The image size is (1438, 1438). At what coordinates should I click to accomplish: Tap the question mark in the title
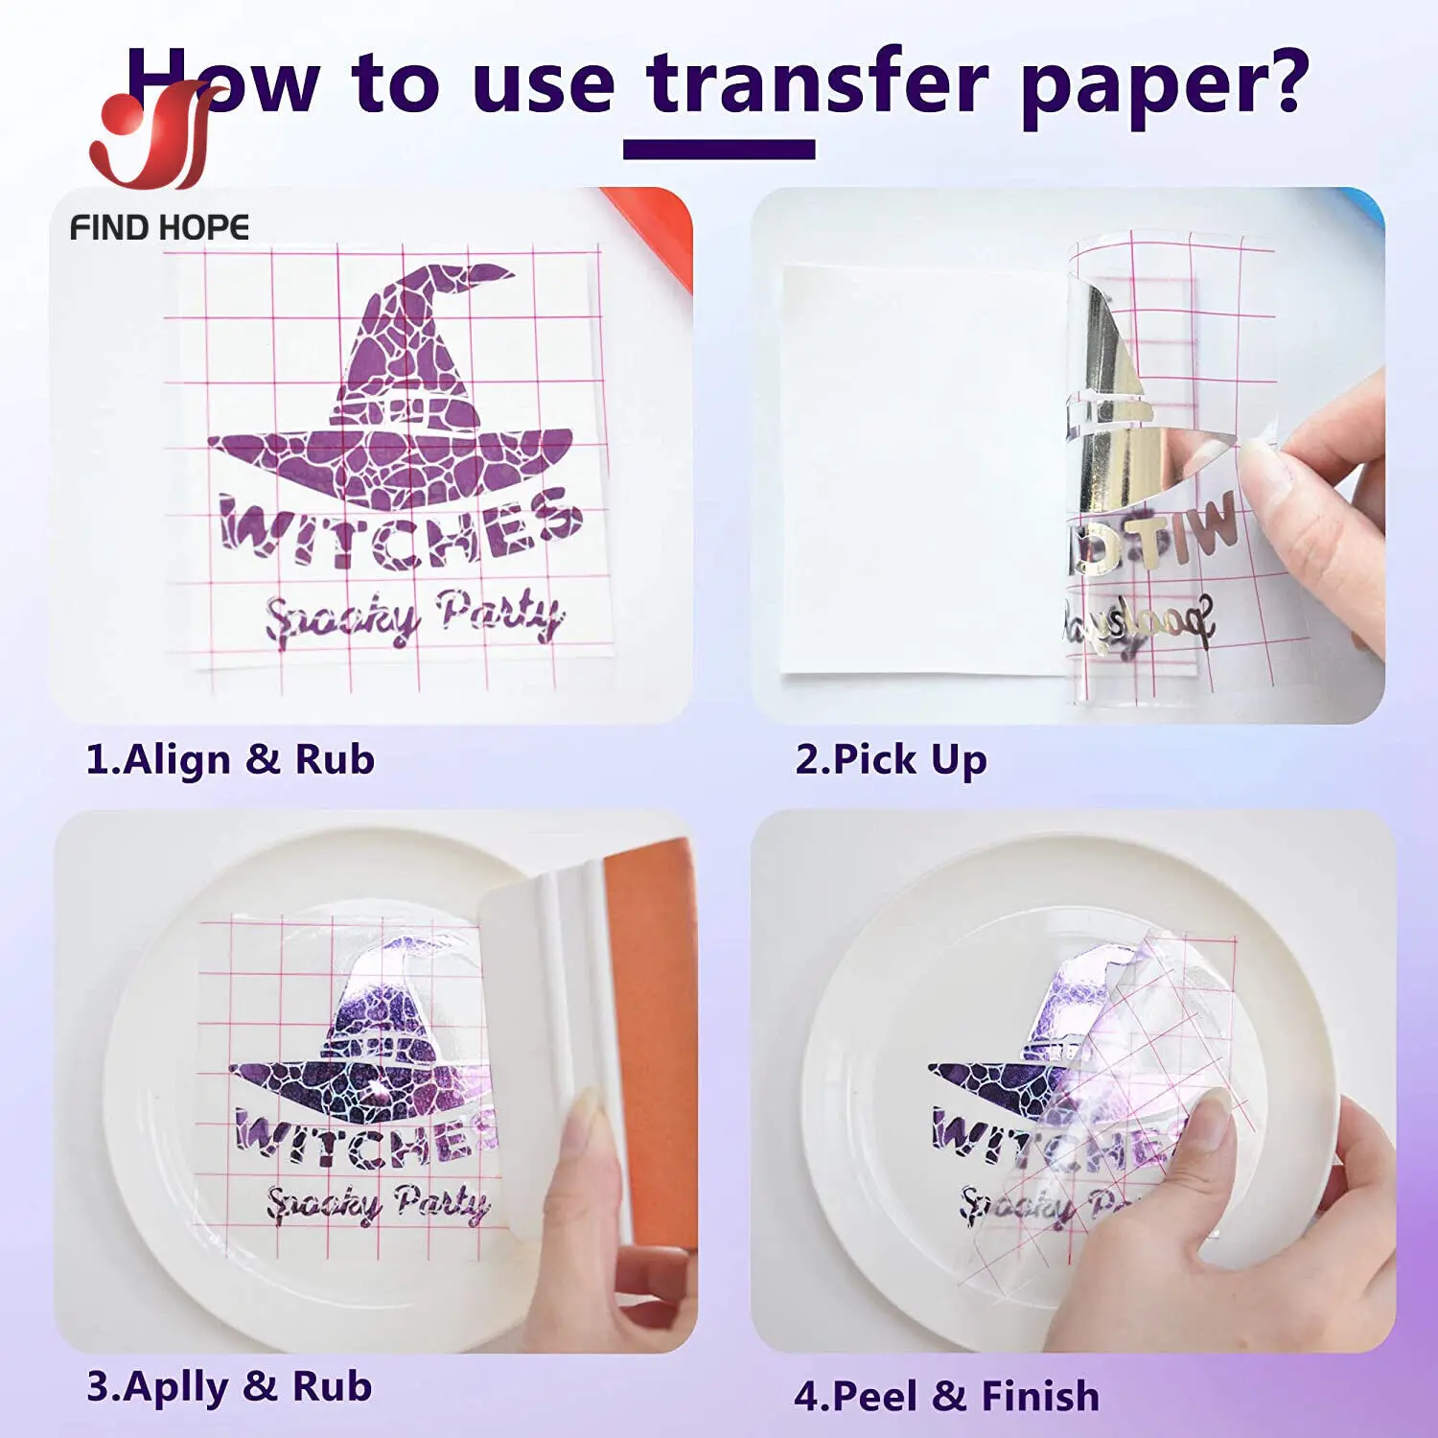(x=1280, y=81)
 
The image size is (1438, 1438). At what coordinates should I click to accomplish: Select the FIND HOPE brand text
(x=159, y=228)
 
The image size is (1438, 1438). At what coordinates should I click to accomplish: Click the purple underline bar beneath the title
(x=719, y=150)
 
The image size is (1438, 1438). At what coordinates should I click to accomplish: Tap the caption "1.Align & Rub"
(x=230, y=759)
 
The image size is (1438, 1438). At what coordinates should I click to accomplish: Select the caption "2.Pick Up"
(x=891, y=759)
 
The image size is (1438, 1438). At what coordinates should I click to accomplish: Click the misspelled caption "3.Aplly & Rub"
(x=229, y=1386)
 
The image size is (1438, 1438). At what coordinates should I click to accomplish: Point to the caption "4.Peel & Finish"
(x=946, y=1396)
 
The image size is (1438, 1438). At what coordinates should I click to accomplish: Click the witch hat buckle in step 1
(x=407, y=410)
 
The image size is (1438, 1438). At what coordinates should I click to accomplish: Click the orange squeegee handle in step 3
(x=657, y=1007)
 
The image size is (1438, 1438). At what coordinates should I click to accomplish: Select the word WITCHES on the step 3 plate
(x=364, y=1136)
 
